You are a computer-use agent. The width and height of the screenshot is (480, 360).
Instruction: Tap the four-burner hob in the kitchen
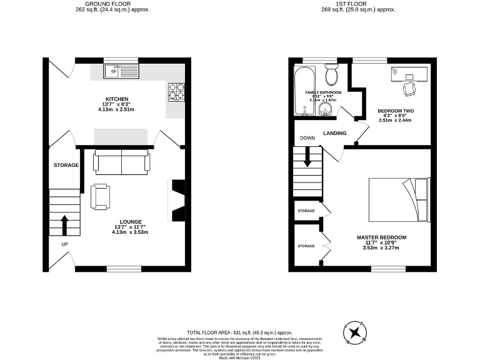point(176,92)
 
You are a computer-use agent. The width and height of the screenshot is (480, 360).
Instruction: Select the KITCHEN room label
point(117,99)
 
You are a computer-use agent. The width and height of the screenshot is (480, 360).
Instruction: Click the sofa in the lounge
point(122,162)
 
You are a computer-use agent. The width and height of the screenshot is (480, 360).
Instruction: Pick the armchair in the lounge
point(100,196)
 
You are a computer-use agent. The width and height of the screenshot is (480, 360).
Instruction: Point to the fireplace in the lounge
point(178,201)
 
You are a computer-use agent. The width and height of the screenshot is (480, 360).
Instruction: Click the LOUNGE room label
point(131,222)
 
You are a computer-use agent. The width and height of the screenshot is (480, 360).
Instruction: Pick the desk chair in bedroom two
point(409,89)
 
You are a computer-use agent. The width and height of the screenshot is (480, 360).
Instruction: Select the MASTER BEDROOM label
point(381,237)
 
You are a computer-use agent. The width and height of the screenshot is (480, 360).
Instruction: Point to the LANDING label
point(334,133)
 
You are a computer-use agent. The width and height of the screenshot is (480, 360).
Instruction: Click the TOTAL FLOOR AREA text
point(240,332)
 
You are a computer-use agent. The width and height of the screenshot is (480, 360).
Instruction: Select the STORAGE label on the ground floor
point(66,165)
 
